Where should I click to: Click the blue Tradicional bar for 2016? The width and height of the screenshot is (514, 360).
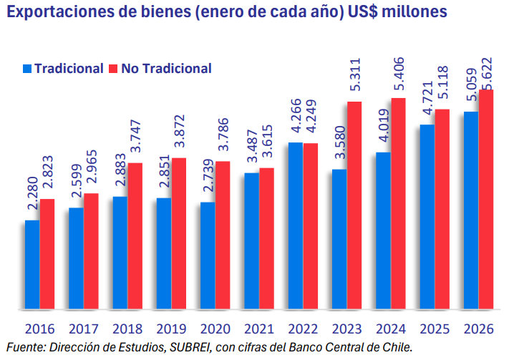coord(32,265)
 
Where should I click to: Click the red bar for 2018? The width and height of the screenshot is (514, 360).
coord(135,236)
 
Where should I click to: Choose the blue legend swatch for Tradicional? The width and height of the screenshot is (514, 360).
coord(28,69)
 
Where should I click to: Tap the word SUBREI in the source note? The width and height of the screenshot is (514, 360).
coord(188,349)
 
